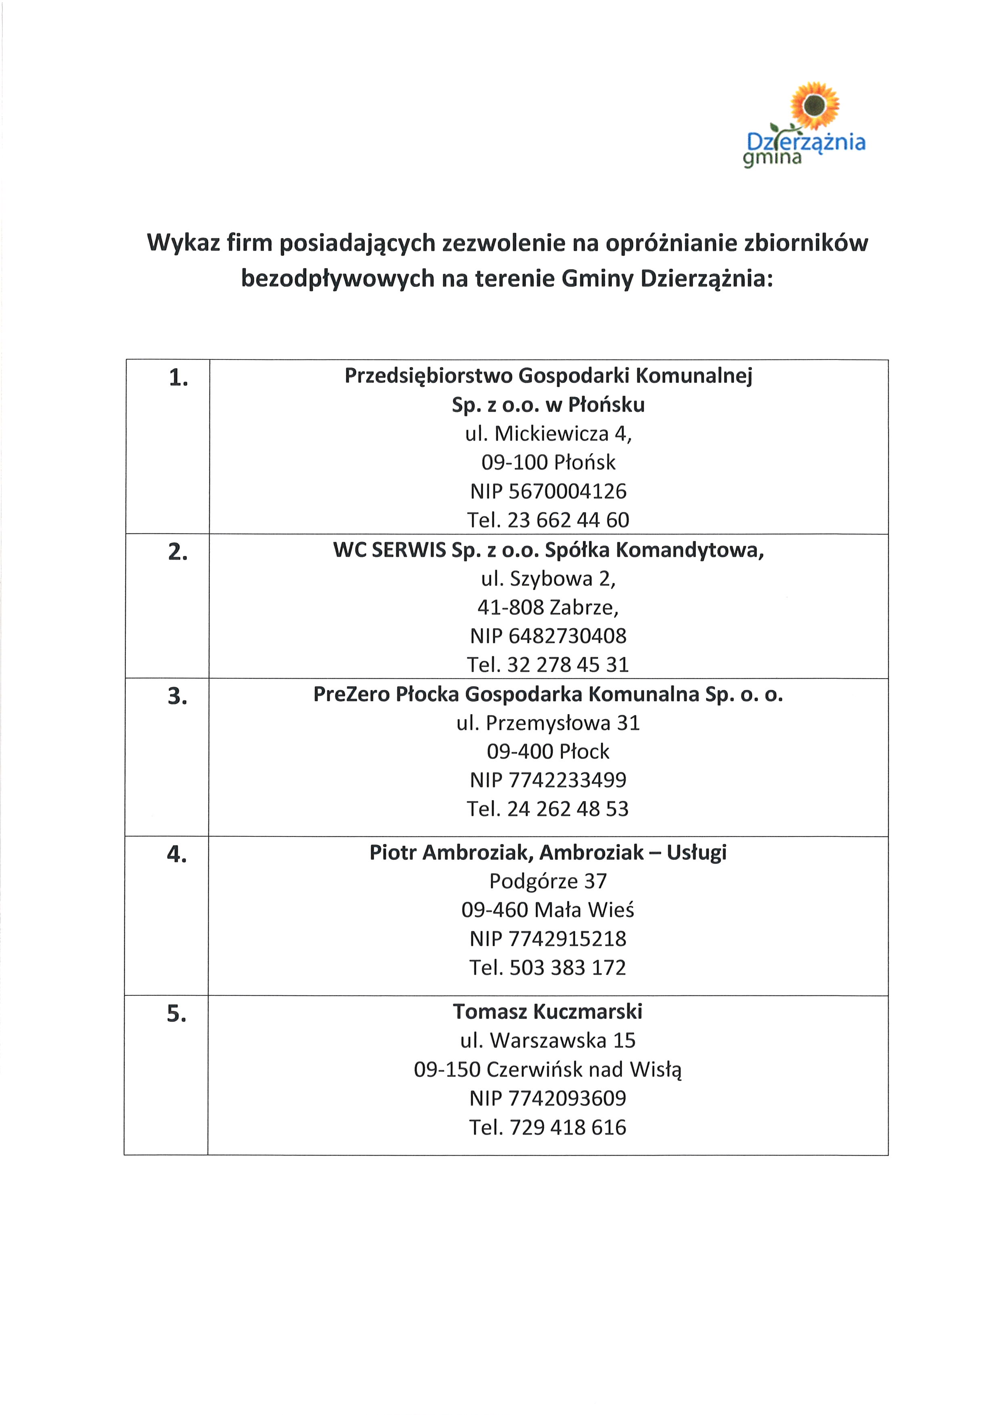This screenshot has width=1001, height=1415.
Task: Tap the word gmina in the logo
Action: pyautogui.click(x=772, y=159)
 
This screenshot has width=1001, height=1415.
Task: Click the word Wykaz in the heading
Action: pyautogui.click(x=184, y=243)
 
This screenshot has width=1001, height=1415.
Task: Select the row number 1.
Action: pyautogui.click(x=178, y=378)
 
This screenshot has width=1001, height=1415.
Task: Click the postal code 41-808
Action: pyautogui.click(x=510, y=608)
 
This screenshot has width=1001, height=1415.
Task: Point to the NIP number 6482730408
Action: pyautogui.click(x=567, y=635)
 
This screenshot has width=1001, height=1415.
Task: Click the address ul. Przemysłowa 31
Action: pyautogui.click(x=548, y=723)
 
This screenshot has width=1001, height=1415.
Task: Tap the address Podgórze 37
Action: pyautogui.click(x=548, y=881)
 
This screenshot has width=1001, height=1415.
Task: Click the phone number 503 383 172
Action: pyautogui.click(x=567, y=968)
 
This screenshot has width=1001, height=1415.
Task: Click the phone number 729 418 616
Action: pyautogui.click(x=567, y=1127)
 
